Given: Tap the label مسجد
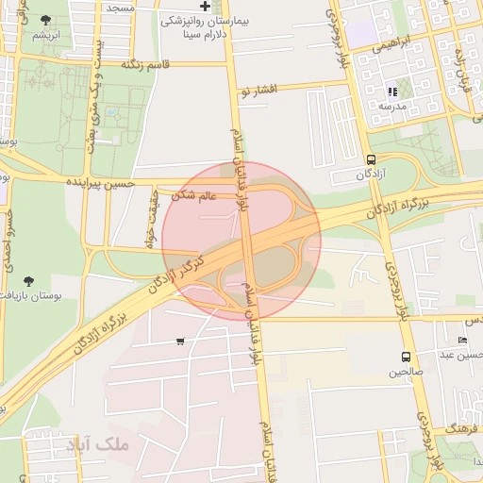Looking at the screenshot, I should (120, 7).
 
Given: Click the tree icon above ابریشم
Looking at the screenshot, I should (46, 20).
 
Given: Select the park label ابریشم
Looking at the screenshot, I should (46, 35).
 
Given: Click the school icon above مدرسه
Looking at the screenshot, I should (392, 92).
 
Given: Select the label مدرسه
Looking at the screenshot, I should (391, 107).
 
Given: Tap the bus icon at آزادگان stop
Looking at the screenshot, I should (371, 159).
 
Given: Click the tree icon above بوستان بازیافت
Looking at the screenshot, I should (28, 280).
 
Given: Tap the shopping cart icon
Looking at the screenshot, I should (180, 341).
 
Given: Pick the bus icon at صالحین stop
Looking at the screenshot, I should (406, 357).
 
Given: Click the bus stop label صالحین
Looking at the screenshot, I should (406, 372).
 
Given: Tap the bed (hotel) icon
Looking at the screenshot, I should (461, 340).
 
